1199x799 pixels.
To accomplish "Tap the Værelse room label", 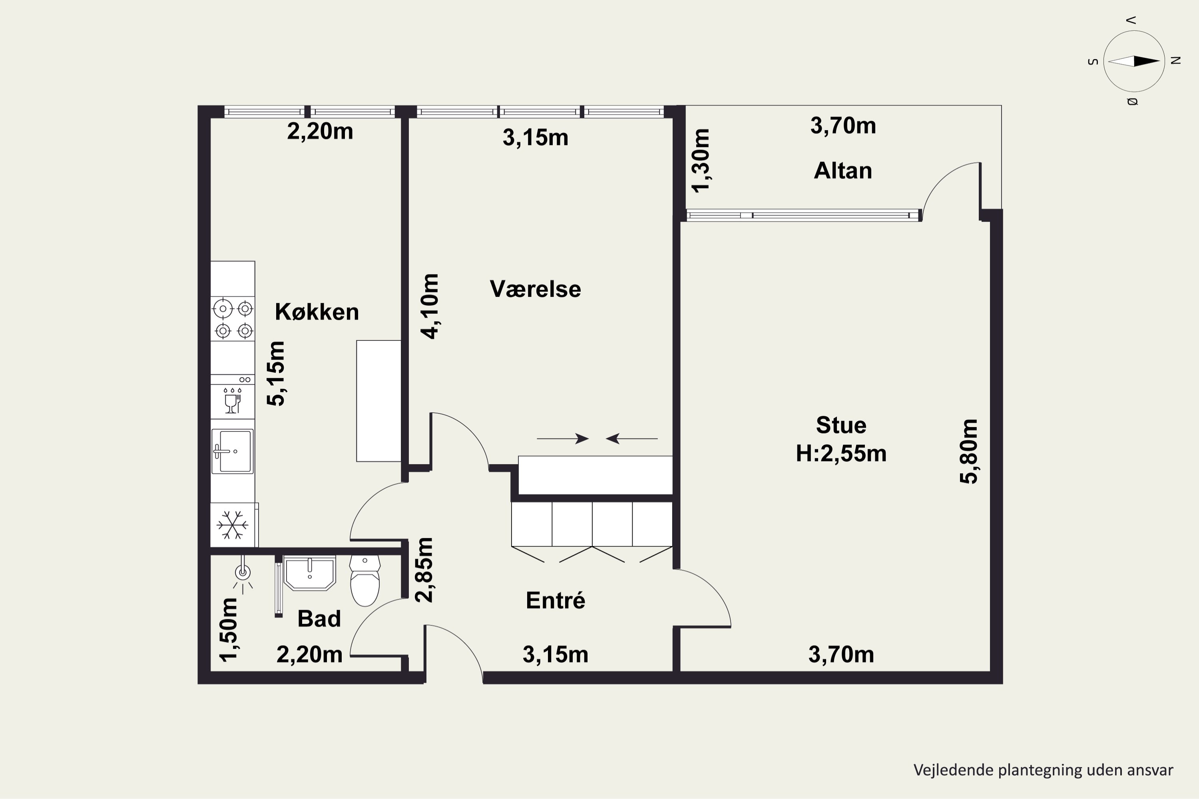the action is [x=535, y=289].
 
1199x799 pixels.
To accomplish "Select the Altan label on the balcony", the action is [x=842, y=170].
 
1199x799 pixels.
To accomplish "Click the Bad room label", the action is [x=319, y=618].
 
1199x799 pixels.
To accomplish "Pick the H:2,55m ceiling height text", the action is [x=841, y=453].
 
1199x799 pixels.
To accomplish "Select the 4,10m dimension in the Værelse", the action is [x=429, y=306].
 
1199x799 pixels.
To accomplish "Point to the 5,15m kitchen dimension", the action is [x=276, y=374].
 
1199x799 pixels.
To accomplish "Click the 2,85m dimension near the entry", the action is [x=424, y=570].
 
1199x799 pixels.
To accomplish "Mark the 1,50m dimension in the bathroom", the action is [x=228, y=630].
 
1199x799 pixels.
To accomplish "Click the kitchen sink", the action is [x=233, y=451].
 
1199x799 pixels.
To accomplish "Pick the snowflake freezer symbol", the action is [x=233, y=525].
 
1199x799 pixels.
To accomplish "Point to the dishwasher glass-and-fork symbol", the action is [x=233, y=400].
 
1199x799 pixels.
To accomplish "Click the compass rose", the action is [x=1134, y=61].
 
